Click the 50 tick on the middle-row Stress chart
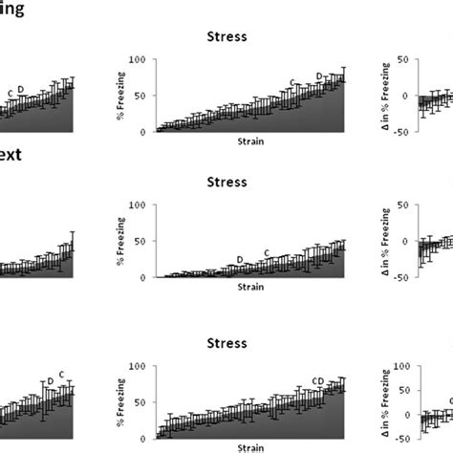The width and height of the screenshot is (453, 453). tap(140, 241)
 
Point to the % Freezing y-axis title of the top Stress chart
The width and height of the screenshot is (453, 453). tap(119, 96)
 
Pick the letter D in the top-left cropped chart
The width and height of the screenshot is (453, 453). tap(20, 90)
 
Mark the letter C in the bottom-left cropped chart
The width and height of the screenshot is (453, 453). tap(61, 375)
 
